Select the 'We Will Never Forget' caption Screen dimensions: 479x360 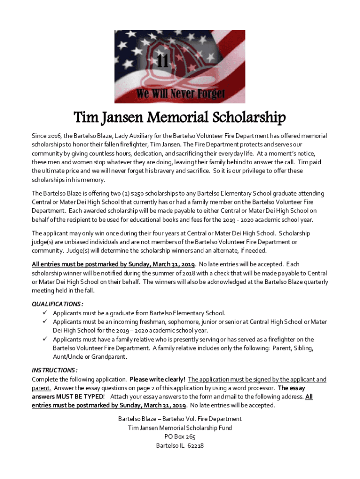coord(180,93)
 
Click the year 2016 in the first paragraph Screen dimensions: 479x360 coord(55,136)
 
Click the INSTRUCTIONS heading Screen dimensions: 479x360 coord(55,370)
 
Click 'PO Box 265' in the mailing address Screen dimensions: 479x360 coord(180,436)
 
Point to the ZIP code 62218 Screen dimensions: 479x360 coord(194,445)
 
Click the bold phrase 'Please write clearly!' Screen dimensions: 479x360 coord(157,379)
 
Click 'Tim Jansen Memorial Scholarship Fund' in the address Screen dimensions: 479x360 coord(180,428)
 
